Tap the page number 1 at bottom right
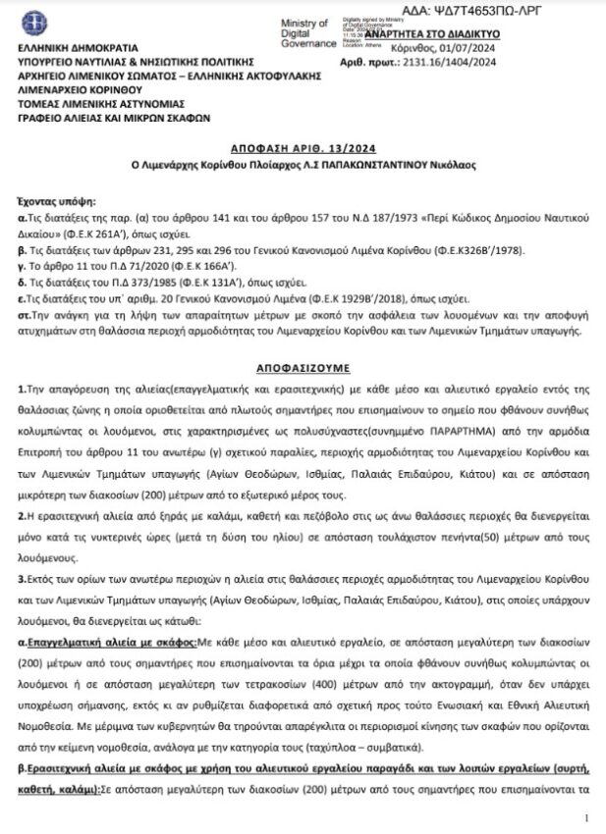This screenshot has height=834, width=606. point(585,816)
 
